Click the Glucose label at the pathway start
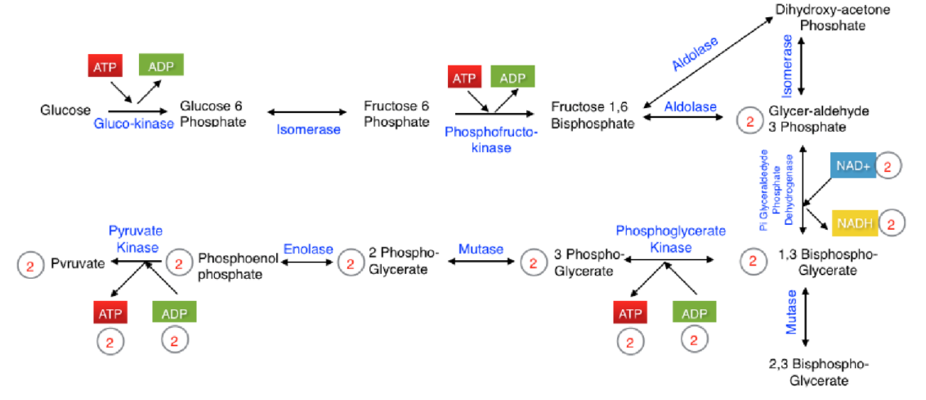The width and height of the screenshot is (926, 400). pos(65,110)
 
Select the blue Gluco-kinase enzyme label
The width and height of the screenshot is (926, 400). pos(133,124)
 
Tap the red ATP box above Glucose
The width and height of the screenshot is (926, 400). pos(105,66)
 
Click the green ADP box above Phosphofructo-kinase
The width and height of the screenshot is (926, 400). pos(512,78)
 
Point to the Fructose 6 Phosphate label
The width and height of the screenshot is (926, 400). pos(396,115)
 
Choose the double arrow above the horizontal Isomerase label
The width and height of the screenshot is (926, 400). pos(307,111)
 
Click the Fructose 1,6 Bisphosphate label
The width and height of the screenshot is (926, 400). pos(592,115)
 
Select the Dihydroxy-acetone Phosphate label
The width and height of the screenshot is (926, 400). pos(832,17)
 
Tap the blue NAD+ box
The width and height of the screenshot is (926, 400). pos(853,165)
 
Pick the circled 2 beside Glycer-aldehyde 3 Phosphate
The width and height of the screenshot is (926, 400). pos(749,121)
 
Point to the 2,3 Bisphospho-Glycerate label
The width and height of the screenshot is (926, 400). pos(819,372)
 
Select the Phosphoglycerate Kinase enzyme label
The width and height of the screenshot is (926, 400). pos(670,239)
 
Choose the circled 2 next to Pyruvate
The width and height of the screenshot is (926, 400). pos(30,264)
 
